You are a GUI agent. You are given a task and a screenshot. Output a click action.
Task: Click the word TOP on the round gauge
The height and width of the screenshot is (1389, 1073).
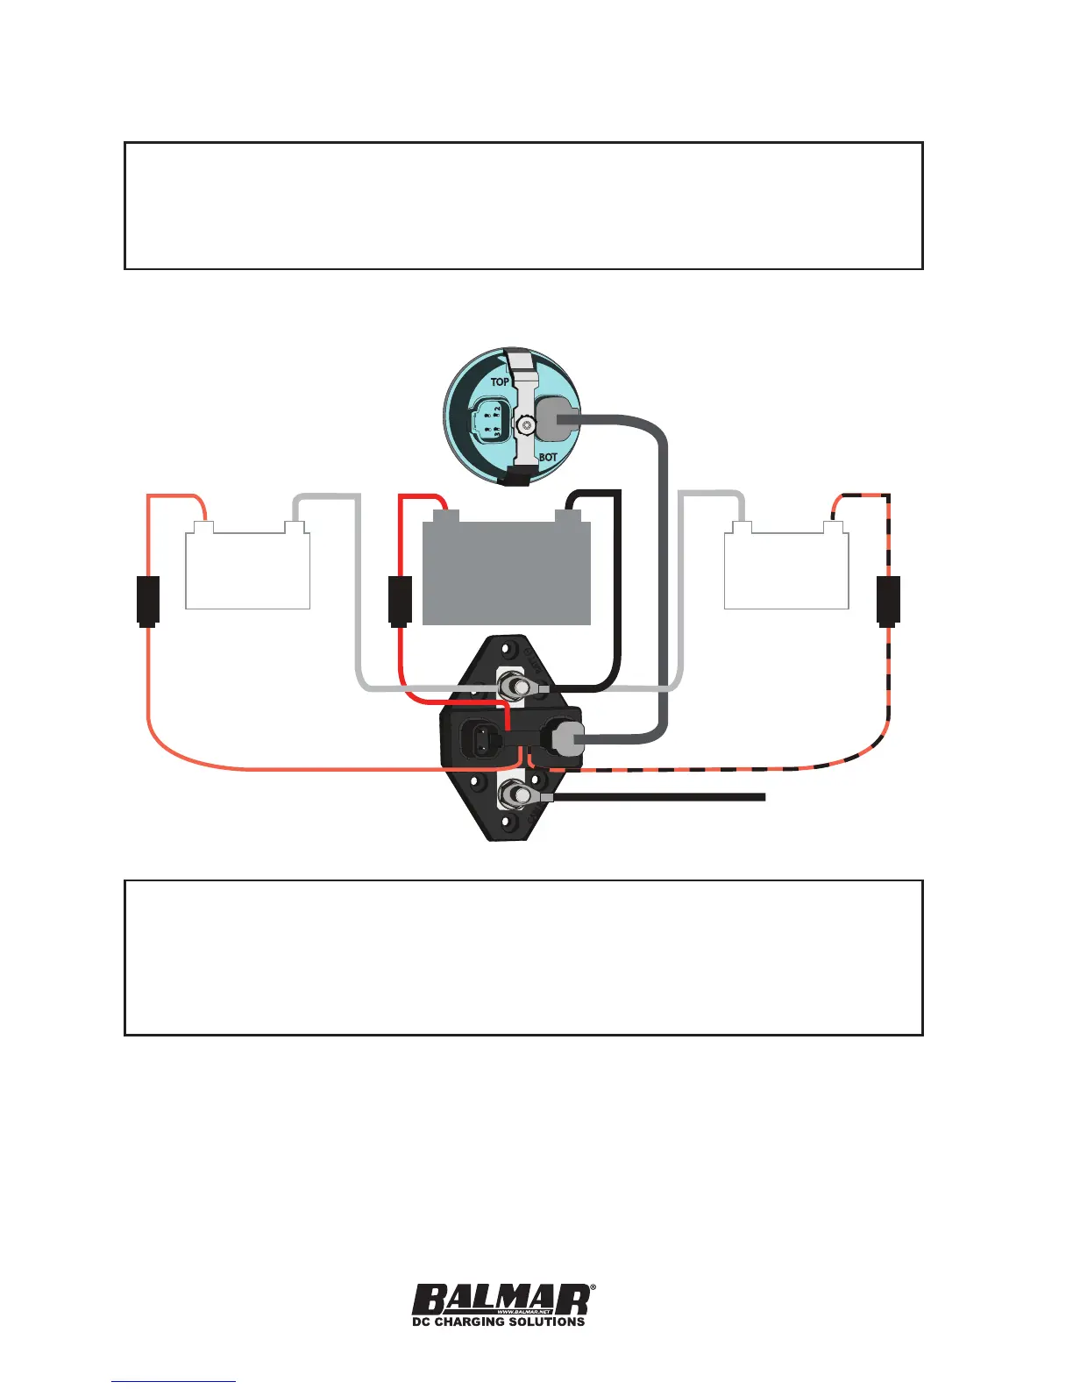coord(500,381)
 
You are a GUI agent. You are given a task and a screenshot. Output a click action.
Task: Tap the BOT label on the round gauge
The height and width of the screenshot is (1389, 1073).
coord(548,457)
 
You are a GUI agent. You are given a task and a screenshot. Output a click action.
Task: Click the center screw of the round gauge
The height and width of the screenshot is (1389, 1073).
coord(525,425)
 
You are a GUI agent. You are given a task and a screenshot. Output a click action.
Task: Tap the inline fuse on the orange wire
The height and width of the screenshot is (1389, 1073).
coord(148,600)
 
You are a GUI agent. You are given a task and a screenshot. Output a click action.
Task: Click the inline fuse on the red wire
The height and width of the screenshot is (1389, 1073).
coord(400,600)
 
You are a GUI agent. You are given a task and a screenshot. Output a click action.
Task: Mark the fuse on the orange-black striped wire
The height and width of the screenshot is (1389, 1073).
coord(889,600)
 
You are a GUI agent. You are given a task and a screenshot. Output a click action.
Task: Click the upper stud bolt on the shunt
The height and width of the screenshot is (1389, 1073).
coord(511,686)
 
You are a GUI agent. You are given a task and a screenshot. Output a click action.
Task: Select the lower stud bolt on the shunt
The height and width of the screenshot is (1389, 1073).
coord(513,796)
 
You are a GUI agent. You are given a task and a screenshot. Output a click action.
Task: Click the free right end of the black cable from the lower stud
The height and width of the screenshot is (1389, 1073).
coord(763,797)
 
